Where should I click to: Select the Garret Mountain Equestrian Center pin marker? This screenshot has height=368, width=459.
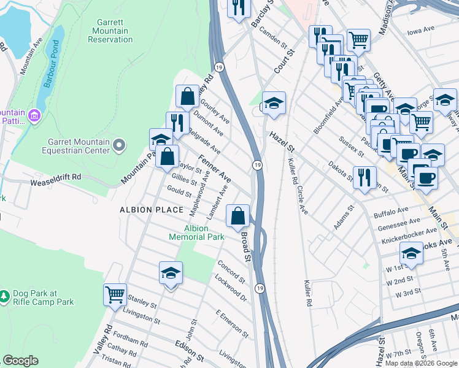point(118,145)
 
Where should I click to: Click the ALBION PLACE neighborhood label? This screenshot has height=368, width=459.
point(152,210)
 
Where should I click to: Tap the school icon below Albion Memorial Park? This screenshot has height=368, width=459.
point(171,272)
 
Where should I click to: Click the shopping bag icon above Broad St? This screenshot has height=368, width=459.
point(238,215)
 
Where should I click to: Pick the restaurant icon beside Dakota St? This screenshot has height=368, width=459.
point(364,177)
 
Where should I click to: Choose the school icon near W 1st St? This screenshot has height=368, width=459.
point(411,253)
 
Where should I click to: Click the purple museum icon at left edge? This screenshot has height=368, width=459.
point(34,115)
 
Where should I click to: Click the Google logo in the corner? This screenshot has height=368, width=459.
point(21,361)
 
